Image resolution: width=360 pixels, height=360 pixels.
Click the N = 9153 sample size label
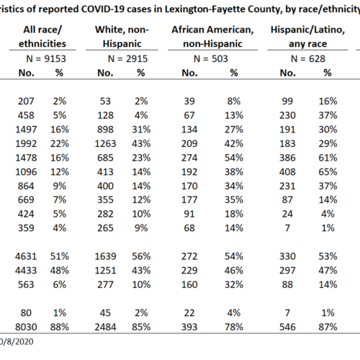tap(46, 59)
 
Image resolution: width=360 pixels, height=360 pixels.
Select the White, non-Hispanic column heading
tap(122, 37)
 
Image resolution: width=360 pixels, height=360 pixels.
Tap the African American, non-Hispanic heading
tap(212, 37)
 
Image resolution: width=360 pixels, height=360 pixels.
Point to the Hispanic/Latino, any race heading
tap(307, 37)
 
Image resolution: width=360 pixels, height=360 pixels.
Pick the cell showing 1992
tap(26, 144)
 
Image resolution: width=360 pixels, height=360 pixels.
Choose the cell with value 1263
tap(105, 144)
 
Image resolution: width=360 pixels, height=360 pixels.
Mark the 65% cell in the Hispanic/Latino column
tap(328, 172)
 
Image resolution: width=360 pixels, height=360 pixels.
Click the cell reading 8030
tap(26, 327)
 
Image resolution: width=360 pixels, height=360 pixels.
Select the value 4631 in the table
tap(26, 256)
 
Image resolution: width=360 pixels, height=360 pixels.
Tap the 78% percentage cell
tap(234, 327)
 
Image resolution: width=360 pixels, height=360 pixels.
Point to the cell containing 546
tap(287, 327)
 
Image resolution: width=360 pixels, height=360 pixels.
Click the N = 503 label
tap(211, 59)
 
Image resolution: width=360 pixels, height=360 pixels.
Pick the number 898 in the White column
tap(105, 130)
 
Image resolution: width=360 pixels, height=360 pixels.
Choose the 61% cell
tap(328, 158)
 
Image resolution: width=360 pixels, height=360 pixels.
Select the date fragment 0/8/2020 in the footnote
tap(17, 341)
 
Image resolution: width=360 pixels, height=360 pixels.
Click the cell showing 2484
tap(105, 327)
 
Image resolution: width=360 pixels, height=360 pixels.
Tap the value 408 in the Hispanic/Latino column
tap(287, 172)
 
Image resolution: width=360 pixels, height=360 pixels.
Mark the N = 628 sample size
tap(308, 59)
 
